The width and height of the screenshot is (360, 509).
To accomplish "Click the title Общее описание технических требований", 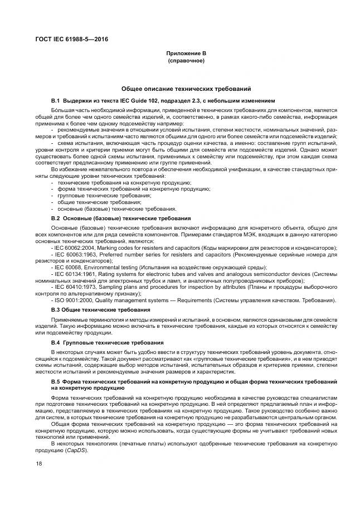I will (186, 89).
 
